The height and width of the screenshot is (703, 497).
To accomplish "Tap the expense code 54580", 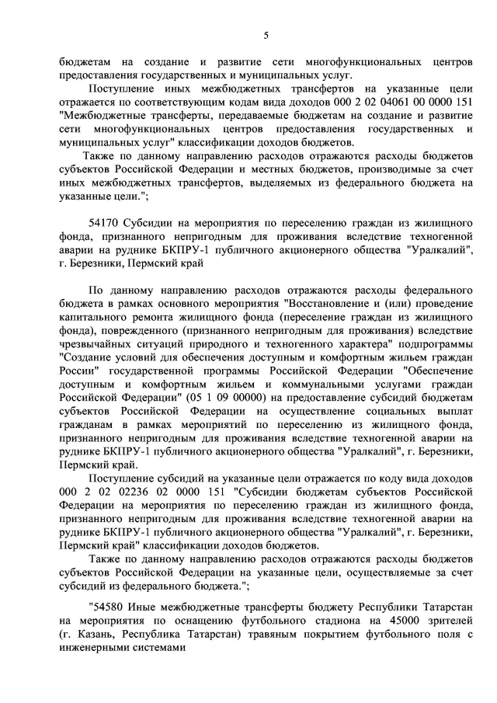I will (x=108, y=607).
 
